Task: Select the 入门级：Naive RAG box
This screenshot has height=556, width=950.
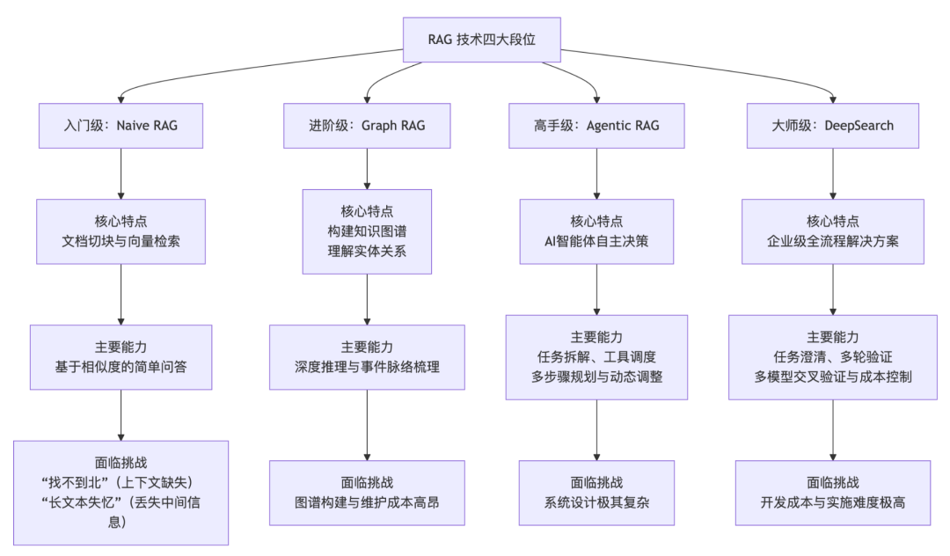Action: coord(121,125)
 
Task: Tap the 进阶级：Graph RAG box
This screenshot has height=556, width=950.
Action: coord(367,125)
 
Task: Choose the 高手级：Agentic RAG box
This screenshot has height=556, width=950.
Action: coord(596,125)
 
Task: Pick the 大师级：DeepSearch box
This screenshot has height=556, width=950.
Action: coord(832,125)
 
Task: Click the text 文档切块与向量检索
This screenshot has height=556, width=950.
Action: coord(121,241)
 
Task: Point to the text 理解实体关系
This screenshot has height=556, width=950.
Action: coord(367,251)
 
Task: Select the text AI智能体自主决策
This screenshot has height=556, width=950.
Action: coord(596,241)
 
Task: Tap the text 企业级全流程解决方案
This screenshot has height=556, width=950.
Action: coord(832,241)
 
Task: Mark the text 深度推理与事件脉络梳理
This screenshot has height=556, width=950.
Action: coord(367,367)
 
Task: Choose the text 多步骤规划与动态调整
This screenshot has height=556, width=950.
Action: coord(596,377)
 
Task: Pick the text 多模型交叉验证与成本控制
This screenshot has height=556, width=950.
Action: coord(832,377)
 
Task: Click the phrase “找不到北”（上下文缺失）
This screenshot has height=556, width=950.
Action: coord(121,482)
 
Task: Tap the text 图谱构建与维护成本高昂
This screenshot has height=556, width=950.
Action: coord(367,502)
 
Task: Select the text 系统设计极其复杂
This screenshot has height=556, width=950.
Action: coord(596,502)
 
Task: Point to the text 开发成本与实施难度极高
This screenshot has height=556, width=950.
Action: coord(832,502)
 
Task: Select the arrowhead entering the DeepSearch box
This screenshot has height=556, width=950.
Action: coord(832,99)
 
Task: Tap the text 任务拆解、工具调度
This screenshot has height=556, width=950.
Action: coord(596,357)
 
